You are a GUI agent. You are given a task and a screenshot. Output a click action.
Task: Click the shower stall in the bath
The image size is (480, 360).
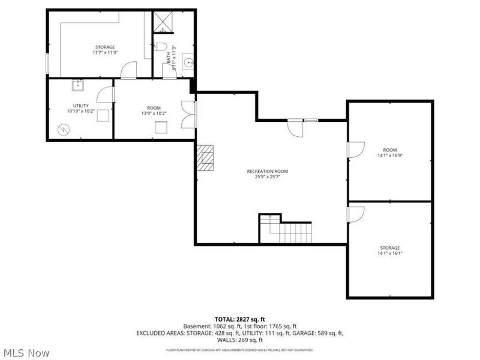click(x=163, y=22)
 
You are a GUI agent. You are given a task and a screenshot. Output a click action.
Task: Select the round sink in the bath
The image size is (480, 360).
click(x=187, y=61)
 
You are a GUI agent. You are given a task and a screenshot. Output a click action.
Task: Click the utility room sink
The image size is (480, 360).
click(x=78, y=85)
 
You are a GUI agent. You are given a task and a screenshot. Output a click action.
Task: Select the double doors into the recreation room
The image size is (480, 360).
click(x=189, y=115)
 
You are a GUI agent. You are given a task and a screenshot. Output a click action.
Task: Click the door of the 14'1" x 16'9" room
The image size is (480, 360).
click(x=355, y=149)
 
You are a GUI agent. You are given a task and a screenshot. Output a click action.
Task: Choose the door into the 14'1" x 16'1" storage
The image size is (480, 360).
click(x=355, y=214)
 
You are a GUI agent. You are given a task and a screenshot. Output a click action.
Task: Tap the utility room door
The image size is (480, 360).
click(x=106, y=95)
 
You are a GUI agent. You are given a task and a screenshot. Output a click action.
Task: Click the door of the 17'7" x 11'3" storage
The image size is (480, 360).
click(x=129, y=71)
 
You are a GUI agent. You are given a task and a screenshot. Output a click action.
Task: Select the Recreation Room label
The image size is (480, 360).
click(x=272, y=171)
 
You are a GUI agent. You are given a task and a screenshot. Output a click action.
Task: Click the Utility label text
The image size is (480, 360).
click(x=80, y=106)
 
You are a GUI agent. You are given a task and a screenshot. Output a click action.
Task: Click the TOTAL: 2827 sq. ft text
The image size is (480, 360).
click(x=239, y=319)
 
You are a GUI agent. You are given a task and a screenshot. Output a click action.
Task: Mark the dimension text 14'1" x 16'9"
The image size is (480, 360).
click(x=390, y=155)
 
